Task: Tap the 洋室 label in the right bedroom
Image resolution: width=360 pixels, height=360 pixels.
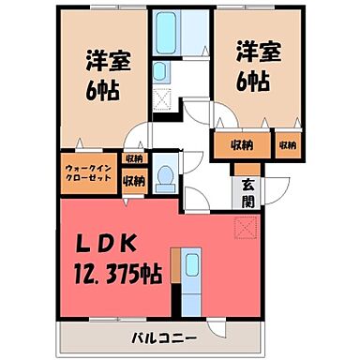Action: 250,49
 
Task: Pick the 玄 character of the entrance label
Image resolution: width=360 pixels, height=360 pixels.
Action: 247,183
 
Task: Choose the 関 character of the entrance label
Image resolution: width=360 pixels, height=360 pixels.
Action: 247,200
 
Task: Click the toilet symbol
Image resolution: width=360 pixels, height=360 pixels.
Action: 164,176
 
